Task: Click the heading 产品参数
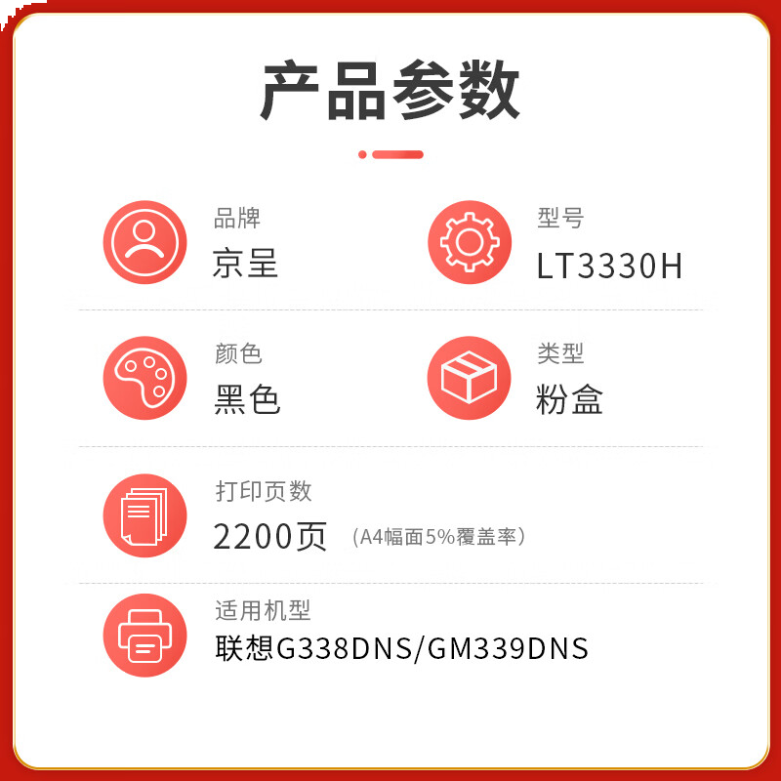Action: (390, 90)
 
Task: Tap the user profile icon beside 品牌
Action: (144, 242)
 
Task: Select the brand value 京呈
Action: (245, 263)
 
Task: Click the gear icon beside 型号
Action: (470, 242)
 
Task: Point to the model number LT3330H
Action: (609, 266)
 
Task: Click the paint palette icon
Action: (144, 378)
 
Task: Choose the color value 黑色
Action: (247, 399)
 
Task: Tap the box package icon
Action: (470, 378)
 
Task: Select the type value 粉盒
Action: (569, 399)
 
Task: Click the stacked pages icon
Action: (144, 515)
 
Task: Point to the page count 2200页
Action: (270, 536)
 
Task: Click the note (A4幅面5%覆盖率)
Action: (438, 537)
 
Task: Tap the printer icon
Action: (144, 636)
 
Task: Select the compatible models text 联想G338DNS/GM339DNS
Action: (401, 648)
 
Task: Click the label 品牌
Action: (237, 218)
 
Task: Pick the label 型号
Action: (560, 218)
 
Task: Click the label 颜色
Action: (238, 353)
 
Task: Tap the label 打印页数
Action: (264, 491)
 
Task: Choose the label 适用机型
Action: (263, 611)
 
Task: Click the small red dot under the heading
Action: (362, 154)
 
